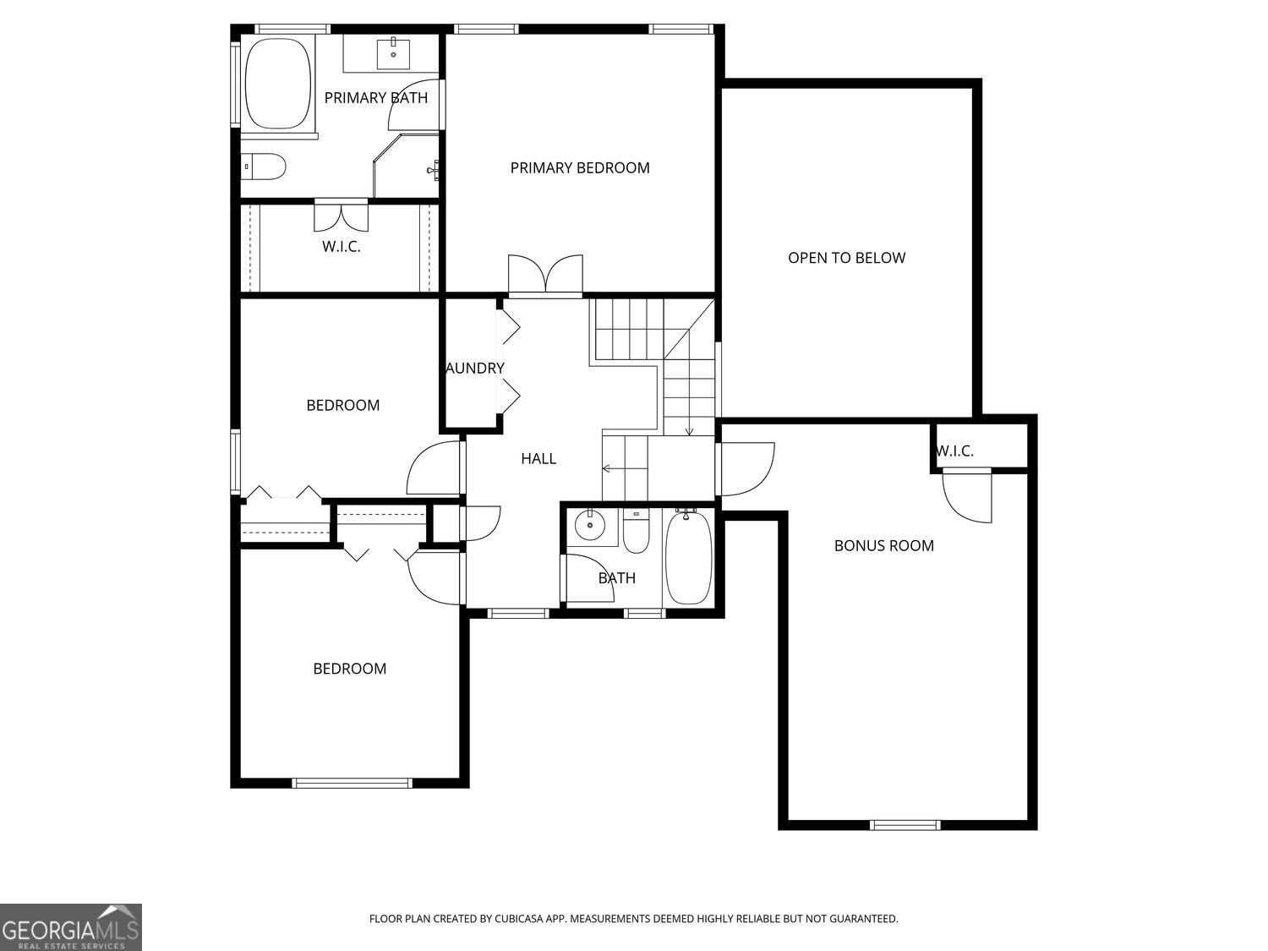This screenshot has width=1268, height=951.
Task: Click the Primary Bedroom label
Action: pyautogui.click(x=580, y=168)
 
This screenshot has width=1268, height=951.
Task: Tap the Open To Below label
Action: pyautogui.click(x=846, y=258)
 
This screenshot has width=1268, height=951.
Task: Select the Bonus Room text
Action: pyautogui.click(x=883, y=546)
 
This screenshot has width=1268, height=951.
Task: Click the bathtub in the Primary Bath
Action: pyautogui.click(x=277, y=84)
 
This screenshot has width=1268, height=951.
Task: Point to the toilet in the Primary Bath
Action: pyautogui.click(x=265, y=167)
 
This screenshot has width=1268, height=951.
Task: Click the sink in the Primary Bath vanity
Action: pyautogui.click(x=393, y=53)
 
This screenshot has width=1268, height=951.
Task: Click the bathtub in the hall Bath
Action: pyautogui.click(x=688, y=558)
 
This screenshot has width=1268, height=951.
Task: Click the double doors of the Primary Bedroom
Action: pyautogui.click(x=545, y=276)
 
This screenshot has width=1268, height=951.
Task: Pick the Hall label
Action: pyautogui.click(x=538, y=459)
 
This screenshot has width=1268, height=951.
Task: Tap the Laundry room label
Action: pyautogui.click(x=475, y=369)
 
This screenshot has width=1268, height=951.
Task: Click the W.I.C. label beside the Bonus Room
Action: pyautogui.click(x=954, y=451)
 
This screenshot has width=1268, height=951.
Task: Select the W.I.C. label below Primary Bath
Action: pyautogui.click(x=342, y=247)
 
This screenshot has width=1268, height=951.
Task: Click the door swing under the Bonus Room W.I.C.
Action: pyautogui.click(x=969, y=498)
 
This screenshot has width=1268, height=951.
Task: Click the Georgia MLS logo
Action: pyautogui.click(x=71, y=927)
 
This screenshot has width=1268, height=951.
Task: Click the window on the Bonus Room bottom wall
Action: pyautogui.click(x=905, y=825)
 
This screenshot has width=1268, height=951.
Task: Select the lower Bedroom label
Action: pyautogui.click(x=349, y=669)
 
